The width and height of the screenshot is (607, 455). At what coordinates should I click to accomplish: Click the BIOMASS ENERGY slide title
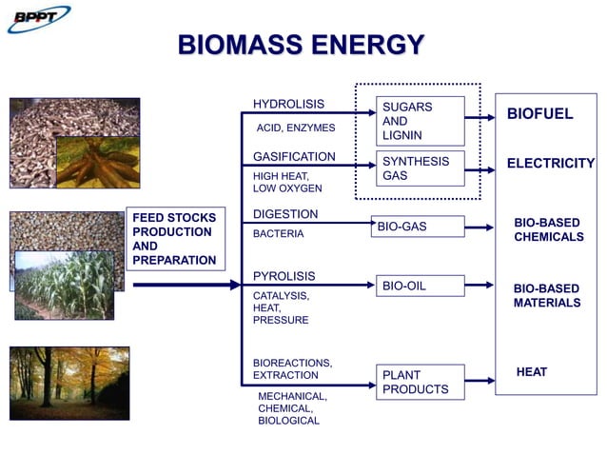coord(302,45)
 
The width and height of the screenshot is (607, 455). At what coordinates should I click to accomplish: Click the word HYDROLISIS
coord(288,104)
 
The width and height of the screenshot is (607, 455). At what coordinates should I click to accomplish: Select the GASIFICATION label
coord(294,156)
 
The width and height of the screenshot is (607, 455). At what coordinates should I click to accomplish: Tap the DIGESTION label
coord(285,214)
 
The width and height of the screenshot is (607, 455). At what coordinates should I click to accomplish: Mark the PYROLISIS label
coord(284,276)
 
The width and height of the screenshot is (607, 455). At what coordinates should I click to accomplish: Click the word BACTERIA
coord(278,233)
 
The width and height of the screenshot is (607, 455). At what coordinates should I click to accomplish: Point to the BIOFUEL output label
coord(539,114)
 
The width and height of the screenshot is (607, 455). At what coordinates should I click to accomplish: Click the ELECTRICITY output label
coord(550,164)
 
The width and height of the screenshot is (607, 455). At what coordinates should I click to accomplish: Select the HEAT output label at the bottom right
coord(531,372)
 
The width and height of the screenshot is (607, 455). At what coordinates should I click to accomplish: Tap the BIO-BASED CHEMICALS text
coord(548,229)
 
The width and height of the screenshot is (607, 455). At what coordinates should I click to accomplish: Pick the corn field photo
coord(64,285)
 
